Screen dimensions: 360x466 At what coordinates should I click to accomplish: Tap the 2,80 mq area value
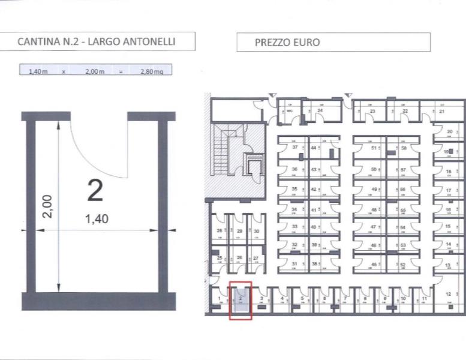(151, 71)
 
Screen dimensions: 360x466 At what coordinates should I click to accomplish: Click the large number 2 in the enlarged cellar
(95, 190)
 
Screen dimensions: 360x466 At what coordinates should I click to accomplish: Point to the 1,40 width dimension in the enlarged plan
(97, 219)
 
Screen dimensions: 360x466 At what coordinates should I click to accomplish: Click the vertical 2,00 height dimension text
(49, 206)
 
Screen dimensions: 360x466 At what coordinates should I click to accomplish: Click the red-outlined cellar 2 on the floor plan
(240, 299)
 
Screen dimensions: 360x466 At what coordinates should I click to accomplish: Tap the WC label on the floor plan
(288, 111)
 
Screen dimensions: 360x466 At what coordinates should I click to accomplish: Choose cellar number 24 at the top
(320, 111)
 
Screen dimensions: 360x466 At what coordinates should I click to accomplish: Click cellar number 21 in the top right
(441, 112)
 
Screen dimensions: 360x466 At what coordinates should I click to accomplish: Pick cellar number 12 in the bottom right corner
(448, 294)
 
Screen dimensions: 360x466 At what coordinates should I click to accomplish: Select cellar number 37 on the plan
(294, 148)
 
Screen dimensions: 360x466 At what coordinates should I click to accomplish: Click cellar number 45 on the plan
(374, 265)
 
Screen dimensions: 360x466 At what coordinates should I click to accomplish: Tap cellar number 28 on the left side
(220, 231)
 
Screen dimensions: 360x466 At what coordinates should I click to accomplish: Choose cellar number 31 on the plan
(294, 265)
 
